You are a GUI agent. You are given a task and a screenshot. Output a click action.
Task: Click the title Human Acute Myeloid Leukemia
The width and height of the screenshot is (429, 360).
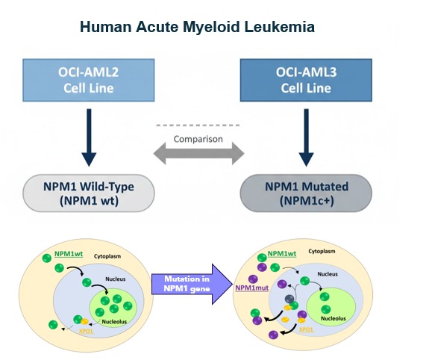pyautogui.click(x=197, y=27)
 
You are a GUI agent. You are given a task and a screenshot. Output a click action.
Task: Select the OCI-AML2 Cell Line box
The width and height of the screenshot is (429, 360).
pyautogui.click(x=89, y=80)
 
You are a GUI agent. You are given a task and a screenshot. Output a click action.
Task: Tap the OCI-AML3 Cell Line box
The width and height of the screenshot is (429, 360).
pyautogui.click(x=306, y=80)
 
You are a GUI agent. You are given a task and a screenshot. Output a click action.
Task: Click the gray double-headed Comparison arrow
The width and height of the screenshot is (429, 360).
pyautogui.click(x=198, y=153)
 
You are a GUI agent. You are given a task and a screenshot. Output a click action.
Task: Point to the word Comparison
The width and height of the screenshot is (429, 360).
pyautogui.click(x=198, y=139)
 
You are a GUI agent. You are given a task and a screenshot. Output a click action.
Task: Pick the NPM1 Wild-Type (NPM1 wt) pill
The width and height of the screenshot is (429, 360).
pyautogui.click(x=89, y=193)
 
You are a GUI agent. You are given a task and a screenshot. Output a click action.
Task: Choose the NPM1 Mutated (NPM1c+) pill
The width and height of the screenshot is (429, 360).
pyautogui.click(x=306, y=193)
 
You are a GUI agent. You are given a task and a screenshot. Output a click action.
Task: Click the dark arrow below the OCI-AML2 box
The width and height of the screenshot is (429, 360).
pyautogui.click(x=89, y=137)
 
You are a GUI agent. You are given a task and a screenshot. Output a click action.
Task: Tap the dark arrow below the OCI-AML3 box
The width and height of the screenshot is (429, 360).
pyautogui.click(x=306, y=137)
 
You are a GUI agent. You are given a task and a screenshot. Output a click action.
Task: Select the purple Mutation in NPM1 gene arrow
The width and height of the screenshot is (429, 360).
pyautogui.click(x=192, y=284)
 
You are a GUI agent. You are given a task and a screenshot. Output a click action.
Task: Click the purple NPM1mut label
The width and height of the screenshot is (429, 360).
pyautogui.click(x=252, y=288)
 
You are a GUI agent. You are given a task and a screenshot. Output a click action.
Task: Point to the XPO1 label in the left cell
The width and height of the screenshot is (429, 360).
pyautogui.click(x=87, y=331)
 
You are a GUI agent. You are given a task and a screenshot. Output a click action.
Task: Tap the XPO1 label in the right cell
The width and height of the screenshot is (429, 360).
pyautogui.click(x=306, y=329)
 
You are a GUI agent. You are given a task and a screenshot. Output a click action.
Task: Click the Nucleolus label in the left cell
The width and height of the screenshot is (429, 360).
pyautogui.click(x=114, y=321)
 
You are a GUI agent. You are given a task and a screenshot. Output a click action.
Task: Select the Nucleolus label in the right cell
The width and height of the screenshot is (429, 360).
pyautogui.click(x=334, y=318)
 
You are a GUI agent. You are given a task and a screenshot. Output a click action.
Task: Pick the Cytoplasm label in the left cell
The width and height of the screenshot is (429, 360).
pyautogui.click(x=107, y=256)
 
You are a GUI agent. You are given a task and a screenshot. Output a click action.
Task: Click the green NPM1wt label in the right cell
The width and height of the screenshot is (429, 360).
pyautogui.click(x=282, y=254)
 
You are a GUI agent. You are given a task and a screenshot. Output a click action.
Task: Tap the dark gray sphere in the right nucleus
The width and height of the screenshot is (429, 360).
pyautogui.click(x=289, y=300)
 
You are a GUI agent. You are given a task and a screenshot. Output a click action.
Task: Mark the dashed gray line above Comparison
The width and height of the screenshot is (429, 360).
pyautogui.click(x=198, y=125)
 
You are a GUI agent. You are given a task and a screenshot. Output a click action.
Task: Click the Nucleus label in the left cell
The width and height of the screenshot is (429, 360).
pyautogui.click(x=116, y=279)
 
